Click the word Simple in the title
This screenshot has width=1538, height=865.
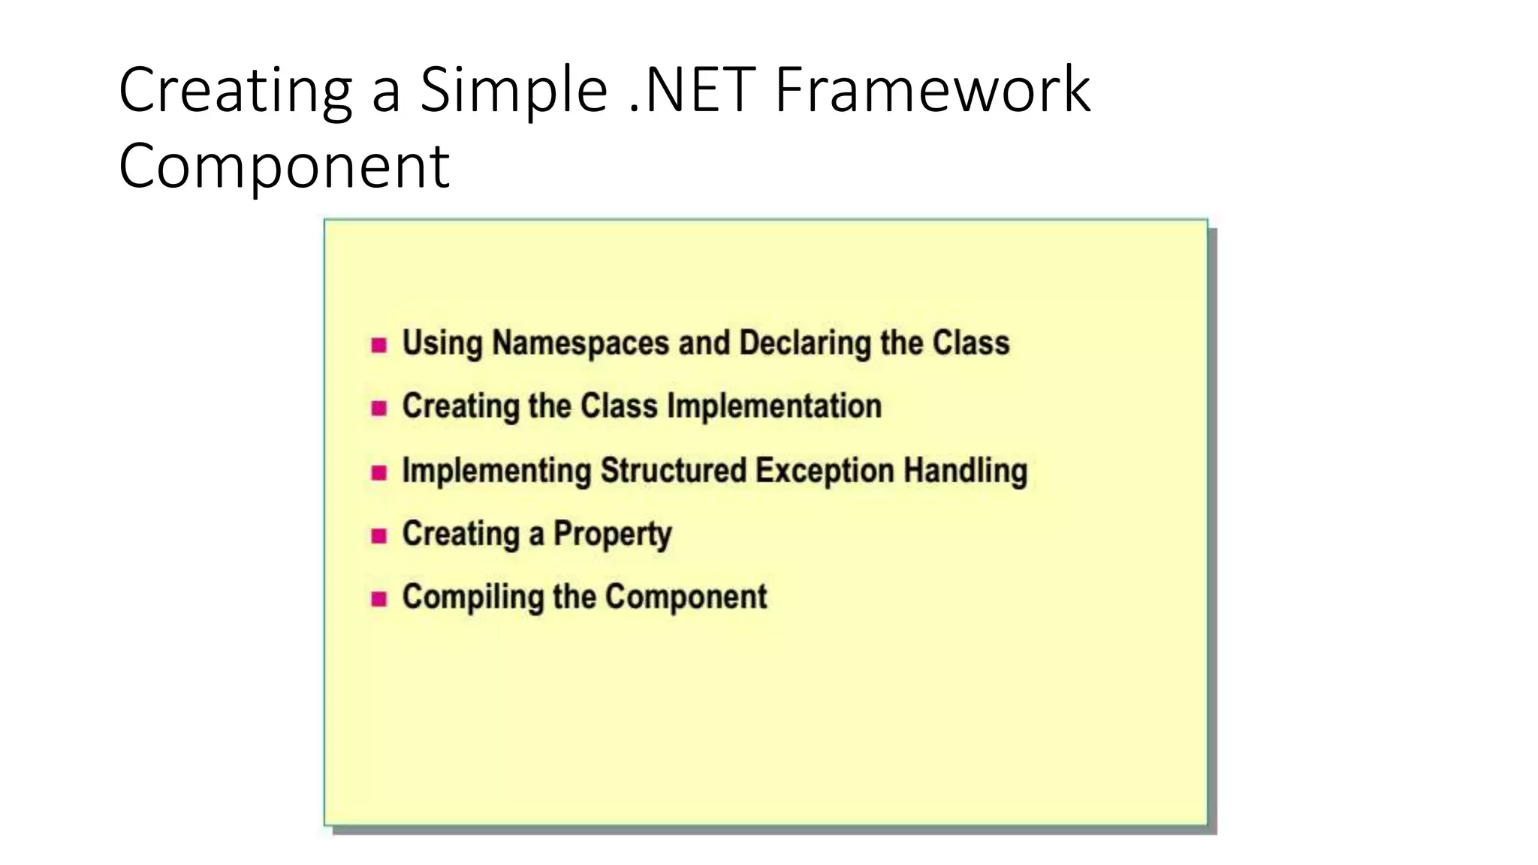513,91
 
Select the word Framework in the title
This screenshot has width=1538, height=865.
932,91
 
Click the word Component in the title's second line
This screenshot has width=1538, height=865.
284,166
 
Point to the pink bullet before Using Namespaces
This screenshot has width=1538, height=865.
379,345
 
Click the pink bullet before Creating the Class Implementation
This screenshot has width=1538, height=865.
379,408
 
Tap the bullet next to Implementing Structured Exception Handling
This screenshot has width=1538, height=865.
379,473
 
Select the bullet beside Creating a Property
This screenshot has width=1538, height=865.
379,536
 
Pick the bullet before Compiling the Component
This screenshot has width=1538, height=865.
379,599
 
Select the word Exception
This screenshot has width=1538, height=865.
825,471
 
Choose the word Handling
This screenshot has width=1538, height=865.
965,471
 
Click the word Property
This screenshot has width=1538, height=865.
612,535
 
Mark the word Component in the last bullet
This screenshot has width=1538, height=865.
686,597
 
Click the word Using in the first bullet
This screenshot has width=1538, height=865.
442,343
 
